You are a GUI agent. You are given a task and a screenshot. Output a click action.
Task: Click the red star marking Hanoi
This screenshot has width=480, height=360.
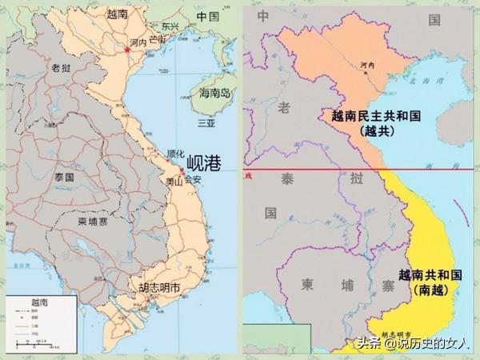[x=127, y=51]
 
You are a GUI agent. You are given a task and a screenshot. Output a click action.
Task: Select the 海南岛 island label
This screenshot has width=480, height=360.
[x=214, y=94]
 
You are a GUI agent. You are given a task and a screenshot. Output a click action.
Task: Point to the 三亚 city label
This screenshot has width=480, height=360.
[x=206, y=124]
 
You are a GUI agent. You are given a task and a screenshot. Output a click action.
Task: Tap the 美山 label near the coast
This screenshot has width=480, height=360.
[x=174, y=182]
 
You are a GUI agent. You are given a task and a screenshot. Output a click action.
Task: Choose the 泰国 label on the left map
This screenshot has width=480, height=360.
[x=42, y=176]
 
